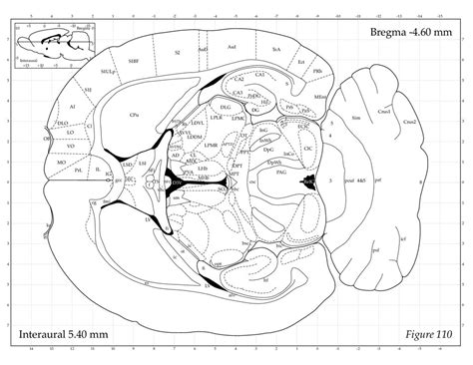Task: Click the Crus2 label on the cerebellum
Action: tap(410, 122)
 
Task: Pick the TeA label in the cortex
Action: tap(276, 47)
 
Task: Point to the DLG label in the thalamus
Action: tap(225, 105)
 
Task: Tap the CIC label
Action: tap(307, 147)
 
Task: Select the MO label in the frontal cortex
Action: tap(62, 160)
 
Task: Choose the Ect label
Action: tap(299, 61)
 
